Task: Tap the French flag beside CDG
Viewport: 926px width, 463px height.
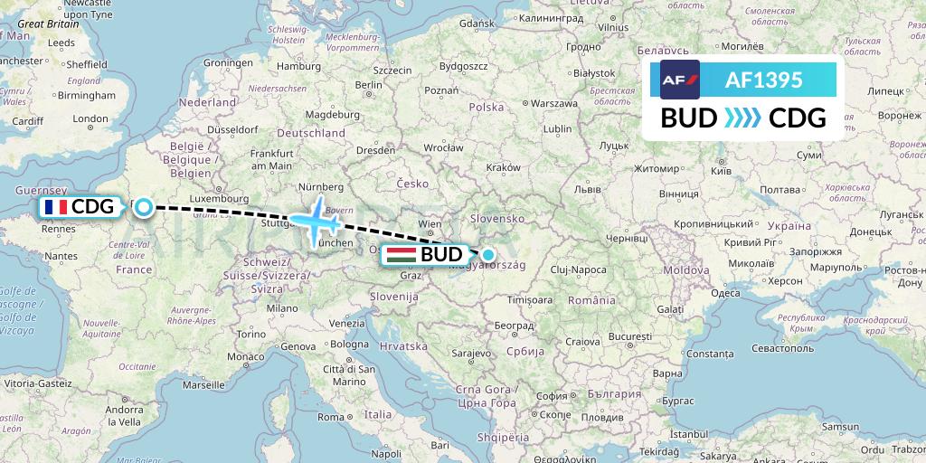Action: click(55, 208)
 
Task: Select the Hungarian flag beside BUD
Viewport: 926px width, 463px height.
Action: click(402, 255)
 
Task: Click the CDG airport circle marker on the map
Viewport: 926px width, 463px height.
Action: click(143, 208)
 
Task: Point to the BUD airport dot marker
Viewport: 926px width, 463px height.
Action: click(488, 255)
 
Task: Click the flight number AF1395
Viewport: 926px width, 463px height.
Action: click(763, 80)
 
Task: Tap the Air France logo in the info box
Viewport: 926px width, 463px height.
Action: click(680, 80)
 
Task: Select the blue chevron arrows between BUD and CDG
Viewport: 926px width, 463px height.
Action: click(743, 118)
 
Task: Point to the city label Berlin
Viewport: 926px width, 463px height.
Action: click(367, 85)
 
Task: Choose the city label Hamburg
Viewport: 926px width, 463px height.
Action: click(299, 66)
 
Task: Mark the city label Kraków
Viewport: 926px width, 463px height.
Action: click(503, 167)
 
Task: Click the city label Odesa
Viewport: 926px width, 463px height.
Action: click(726, 292)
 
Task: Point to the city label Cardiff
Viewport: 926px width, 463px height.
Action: click(28, 120)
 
